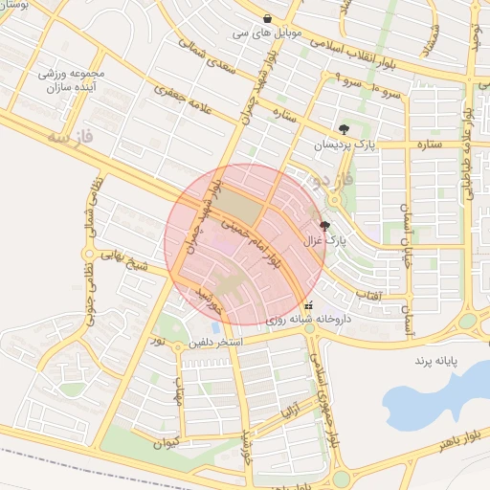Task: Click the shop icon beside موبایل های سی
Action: [267, 18]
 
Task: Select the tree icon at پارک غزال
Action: [325, 227]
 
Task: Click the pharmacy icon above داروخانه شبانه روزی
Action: [307, 306]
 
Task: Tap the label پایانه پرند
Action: [438, 361]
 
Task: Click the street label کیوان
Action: [167, 443]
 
